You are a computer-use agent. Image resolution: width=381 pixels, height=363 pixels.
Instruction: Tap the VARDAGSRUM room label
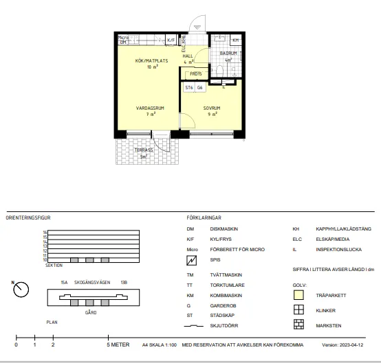tap(149, 108)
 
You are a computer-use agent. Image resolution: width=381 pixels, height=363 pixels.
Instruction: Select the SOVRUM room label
tap(211, 108)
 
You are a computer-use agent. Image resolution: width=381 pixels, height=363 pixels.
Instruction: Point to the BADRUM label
tap(228, 53)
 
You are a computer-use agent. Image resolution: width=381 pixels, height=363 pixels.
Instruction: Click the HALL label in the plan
tap(188, 56)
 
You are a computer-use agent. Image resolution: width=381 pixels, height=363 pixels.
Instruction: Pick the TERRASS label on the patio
tap(143, 150)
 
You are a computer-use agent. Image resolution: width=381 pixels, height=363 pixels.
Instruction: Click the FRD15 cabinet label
tap(196, 73)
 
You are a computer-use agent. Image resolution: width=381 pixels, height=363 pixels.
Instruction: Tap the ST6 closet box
tap(188, 88)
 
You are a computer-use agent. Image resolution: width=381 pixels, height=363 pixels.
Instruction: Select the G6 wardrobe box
tap(200, 88)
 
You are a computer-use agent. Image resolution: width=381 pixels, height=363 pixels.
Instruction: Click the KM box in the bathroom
tap(235, 40)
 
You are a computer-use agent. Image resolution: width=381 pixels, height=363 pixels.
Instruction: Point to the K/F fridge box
tap(171, 41)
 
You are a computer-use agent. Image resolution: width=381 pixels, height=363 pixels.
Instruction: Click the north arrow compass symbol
tap(20, 290)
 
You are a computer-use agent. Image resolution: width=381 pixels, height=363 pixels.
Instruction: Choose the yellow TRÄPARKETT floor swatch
tap(299, 296)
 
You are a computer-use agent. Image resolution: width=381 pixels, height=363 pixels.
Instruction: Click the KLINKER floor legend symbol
tap(299, 310)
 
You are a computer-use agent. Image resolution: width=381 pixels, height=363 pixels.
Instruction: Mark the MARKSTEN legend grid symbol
tap(299, 325)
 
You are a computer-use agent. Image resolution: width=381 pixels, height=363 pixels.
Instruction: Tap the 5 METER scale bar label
tap(119, 344)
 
